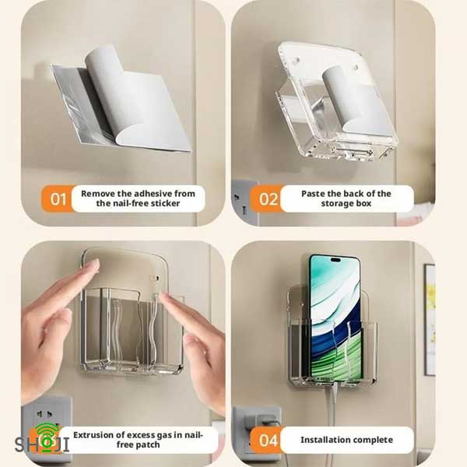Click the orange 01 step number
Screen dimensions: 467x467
pyautogui.click(x=58, y=199)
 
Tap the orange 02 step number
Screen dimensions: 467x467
pyautogui.click(x=268, y=199)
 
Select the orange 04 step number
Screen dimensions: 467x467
pyautogui.click(x=269, y=441)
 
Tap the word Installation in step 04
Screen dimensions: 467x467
pyautogui.click(x=321, y=440)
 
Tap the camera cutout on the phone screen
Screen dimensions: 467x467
pyautogui.click(x=335, y=260)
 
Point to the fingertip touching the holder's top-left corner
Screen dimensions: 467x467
pyautogui.click(x=95, y=264)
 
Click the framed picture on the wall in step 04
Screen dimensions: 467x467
pyautogui.click(x=430, y=318)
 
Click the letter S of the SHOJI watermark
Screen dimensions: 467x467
pyautogui.click(x=21, y=444)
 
